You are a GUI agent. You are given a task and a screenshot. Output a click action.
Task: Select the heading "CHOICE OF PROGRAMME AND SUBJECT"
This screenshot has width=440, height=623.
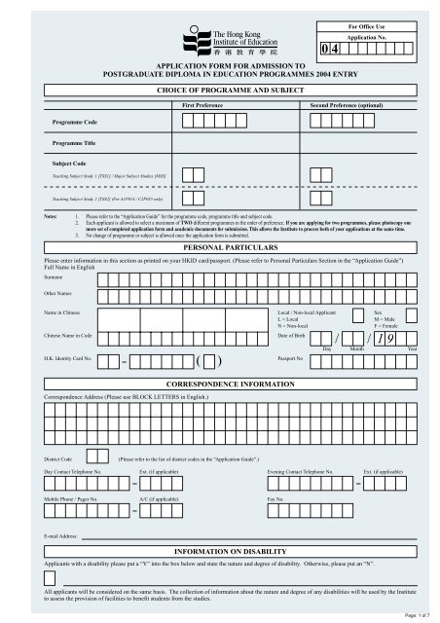(x=220, y=89)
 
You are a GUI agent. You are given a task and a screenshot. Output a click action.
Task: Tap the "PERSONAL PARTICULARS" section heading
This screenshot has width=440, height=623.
(x=220, y=249)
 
